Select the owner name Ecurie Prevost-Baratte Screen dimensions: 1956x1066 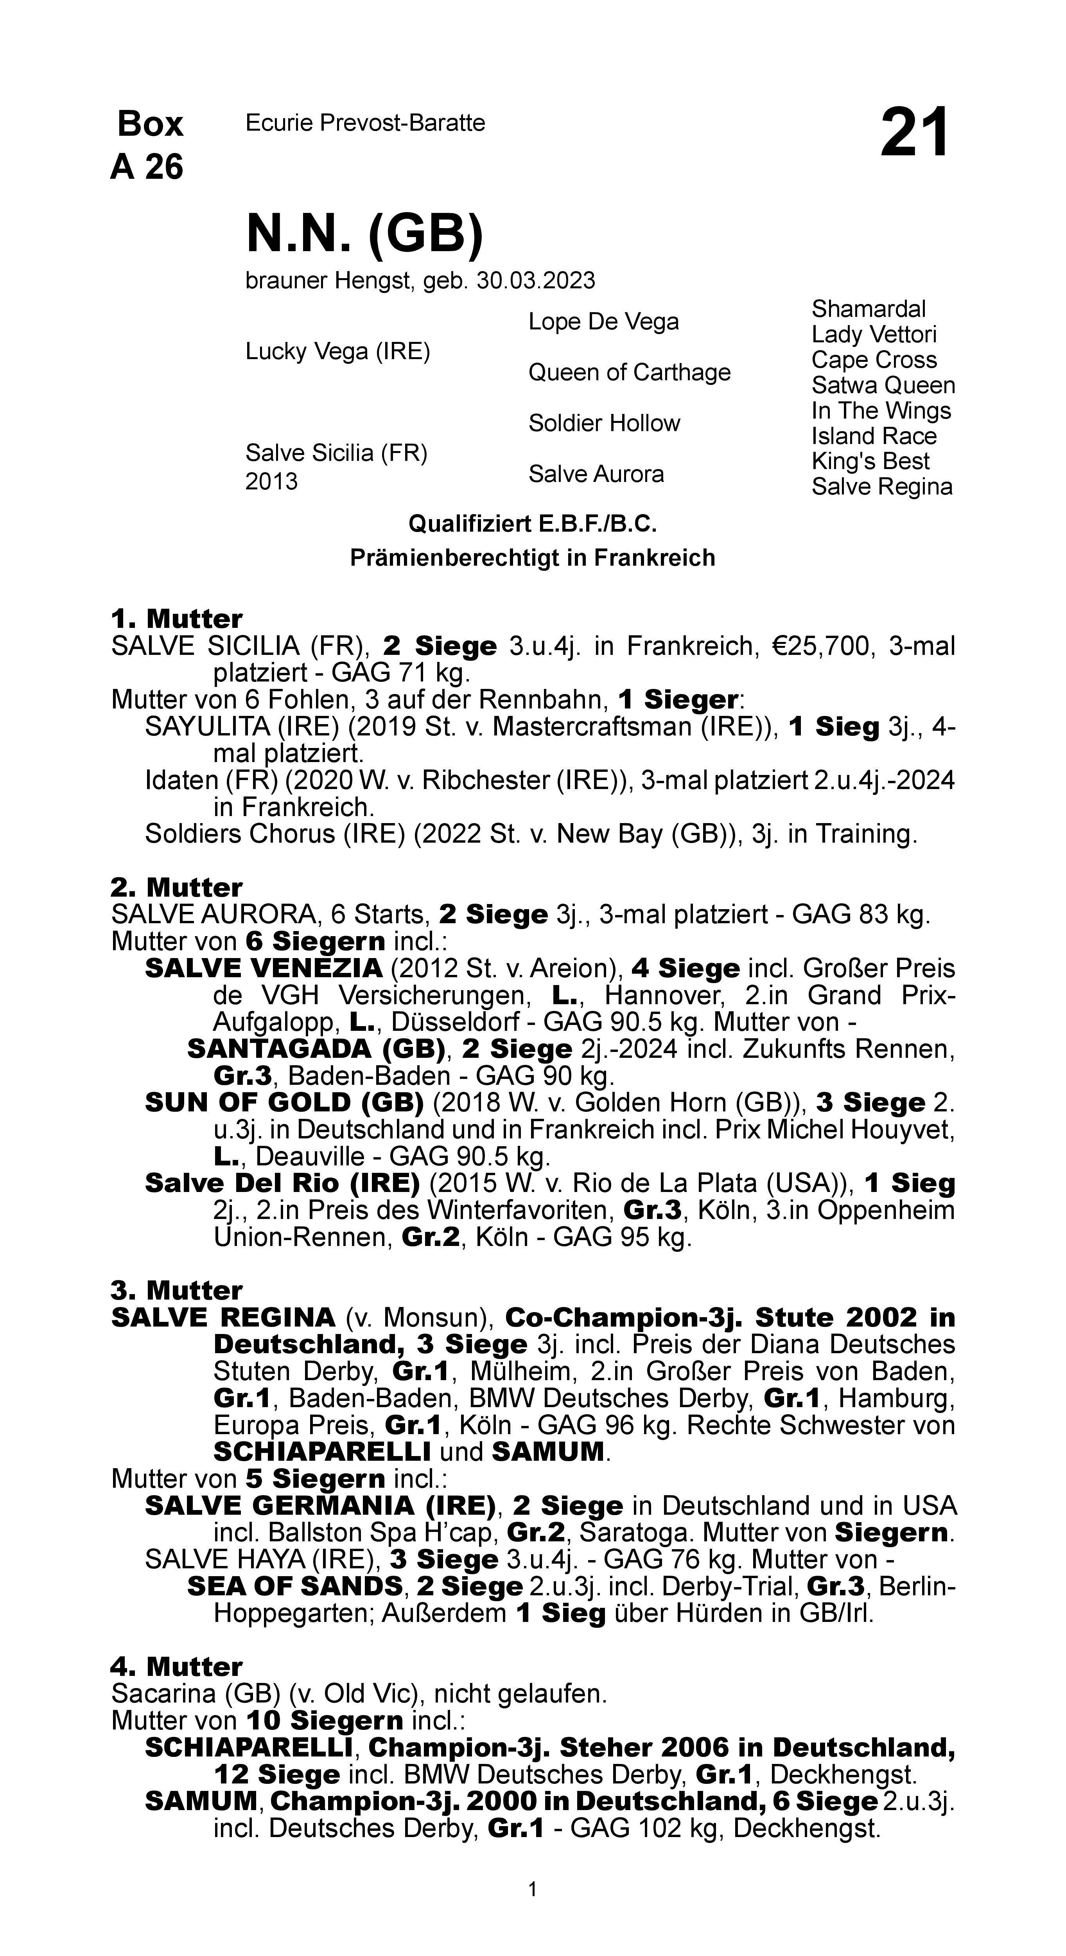coord(365,123)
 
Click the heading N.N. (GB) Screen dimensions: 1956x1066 coord(364,234)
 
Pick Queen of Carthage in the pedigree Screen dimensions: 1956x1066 coord(630,372)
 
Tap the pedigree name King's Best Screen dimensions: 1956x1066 coord(870,462)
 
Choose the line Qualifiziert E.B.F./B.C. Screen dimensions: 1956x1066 coord(532,524)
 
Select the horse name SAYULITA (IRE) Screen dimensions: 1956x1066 coord(243,727)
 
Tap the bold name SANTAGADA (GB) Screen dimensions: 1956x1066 coord(316,1049)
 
